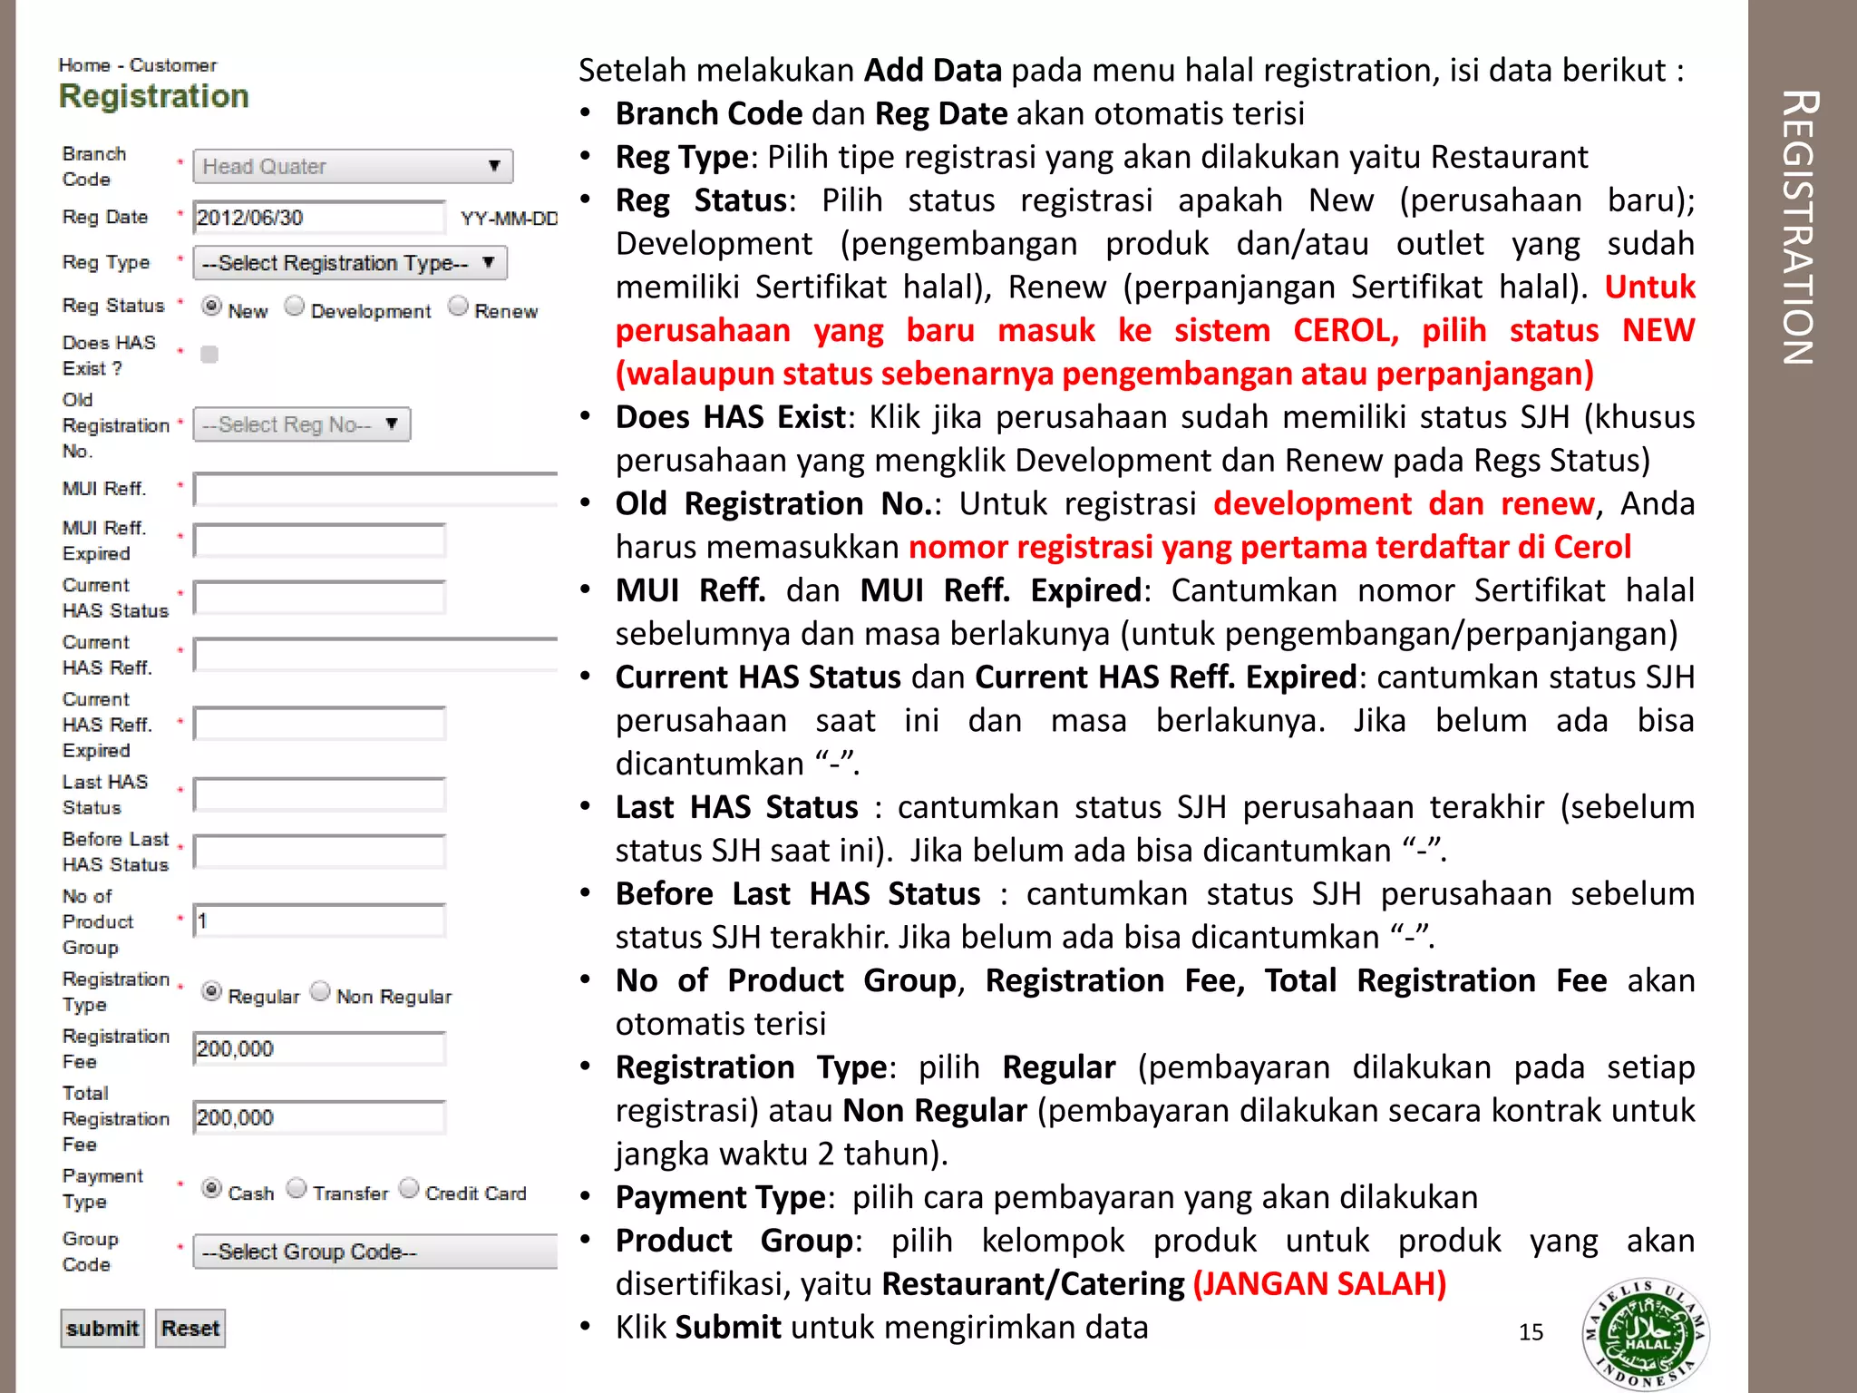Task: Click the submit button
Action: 102,1329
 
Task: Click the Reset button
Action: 190,1329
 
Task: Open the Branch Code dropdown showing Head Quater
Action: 353,167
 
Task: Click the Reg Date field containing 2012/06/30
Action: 319,218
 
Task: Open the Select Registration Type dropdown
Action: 349,263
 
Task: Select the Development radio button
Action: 295,307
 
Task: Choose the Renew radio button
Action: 459,307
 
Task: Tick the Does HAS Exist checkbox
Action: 209,355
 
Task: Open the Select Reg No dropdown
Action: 301,424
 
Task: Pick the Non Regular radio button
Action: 320,991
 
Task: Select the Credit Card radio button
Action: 410,1188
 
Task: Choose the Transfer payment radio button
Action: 297,1188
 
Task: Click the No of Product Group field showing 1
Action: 319,921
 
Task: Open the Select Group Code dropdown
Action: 374,1252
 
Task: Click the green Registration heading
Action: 154,96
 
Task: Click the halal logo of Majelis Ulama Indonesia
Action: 1646,1334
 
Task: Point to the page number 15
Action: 1531,1332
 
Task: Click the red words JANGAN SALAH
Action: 1319,1284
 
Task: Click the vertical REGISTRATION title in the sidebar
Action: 1798,227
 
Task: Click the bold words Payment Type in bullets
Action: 721,1197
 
